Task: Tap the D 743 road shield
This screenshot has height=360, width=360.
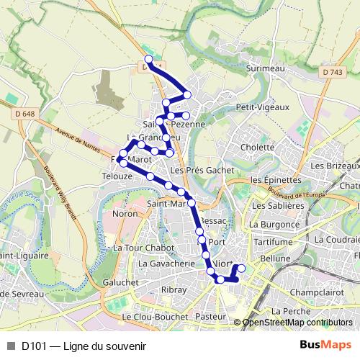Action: tap(333, 72)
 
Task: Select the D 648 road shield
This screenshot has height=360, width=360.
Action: tap(24, 112)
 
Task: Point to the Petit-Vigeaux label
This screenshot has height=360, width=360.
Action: tap(263, 107)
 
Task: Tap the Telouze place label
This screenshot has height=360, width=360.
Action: tap(118, 176)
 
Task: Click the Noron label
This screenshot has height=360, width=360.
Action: tap(125, 214)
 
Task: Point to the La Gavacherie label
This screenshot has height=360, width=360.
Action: tap(166, 264)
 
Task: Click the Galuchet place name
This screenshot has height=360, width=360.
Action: tap(120, 282)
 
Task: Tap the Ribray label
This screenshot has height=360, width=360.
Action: tap(174, 289)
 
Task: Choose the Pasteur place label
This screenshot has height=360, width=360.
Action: tap(210, 316)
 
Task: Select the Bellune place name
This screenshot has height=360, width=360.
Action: tap(275, 258)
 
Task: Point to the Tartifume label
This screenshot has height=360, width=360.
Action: tap(273, 242)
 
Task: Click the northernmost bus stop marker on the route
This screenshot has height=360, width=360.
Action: tap(149, 60)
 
